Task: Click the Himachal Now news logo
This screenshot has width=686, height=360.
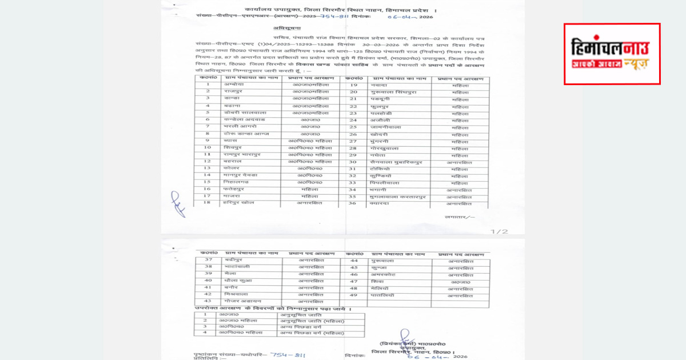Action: tap(612, 54)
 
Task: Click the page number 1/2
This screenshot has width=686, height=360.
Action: tap(500, 231)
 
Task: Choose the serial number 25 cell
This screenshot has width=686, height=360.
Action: tap(353, 127)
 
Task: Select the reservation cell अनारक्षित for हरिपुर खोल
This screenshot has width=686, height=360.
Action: tap(309, 203)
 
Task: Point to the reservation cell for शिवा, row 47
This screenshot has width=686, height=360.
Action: tap(460, 282)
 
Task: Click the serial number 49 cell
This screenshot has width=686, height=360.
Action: tap(354, 295)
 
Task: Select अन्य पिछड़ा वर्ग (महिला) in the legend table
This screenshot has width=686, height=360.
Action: tap(312, 333)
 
